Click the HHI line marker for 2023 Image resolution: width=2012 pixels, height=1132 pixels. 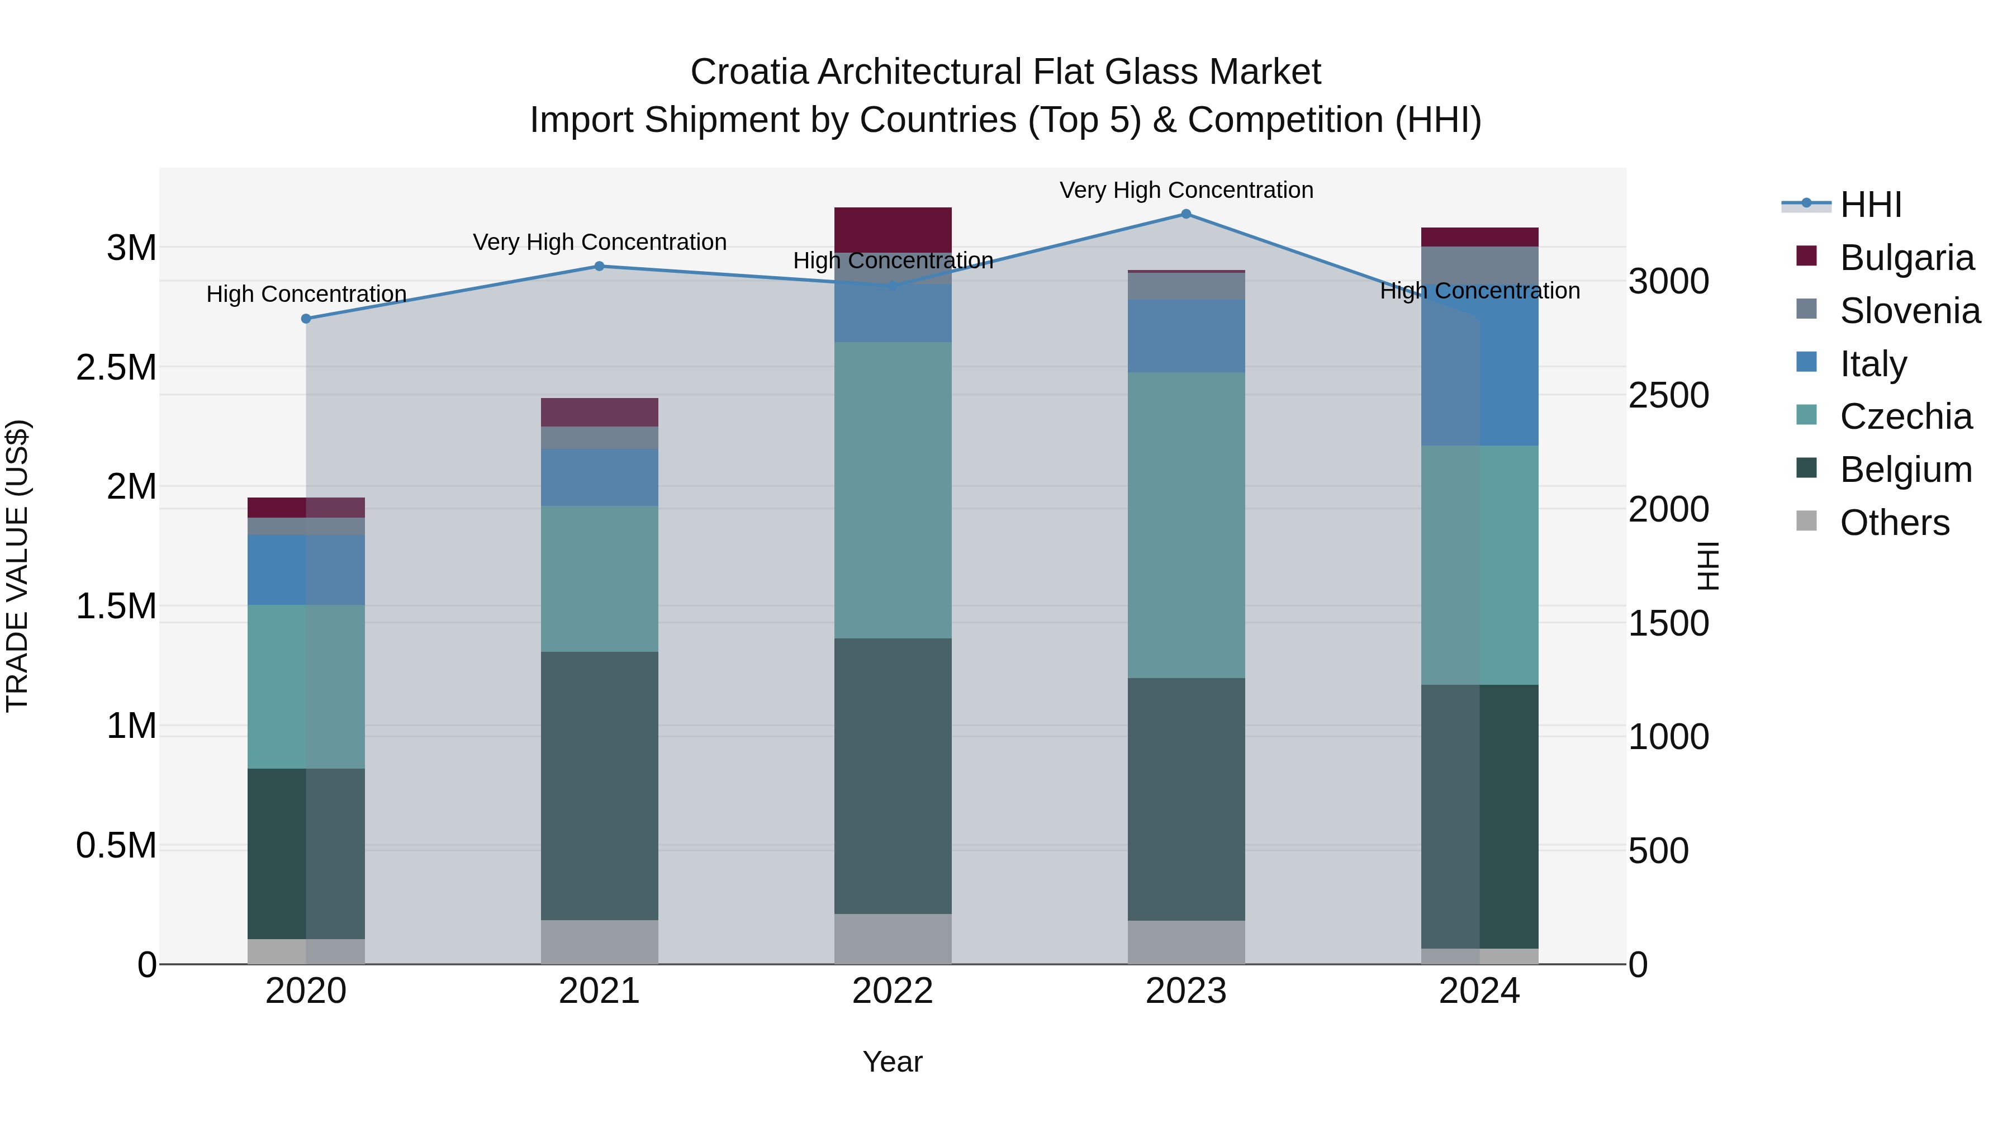click(1185, 214)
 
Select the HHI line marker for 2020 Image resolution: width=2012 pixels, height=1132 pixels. click(306, 319)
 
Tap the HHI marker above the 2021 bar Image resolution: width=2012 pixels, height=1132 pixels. click(599, 267)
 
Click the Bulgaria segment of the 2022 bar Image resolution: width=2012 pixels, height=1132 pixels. click(893, 230)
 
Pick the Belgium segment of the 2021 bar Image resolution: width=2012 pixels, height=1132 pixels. click(599, 785)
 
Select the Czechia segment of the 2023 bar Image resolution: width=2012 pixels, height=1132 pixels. click(1185, 525)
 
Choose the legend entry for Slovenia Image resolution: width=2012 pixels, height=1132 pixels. click(1910, 311)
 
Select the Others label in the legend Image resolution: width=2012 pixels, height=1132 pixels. click(1894, 523)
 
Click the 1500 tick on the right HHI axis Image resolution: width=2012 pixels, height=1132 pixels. click(1668, 623)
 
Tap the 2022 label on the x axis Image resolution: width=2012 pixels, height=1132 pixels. click(893, 991)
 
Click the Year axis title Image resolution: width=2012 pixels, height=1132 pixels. click(893, 1062)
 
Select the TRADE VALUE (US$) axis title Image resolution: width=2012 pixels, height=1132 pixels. click(17, 566)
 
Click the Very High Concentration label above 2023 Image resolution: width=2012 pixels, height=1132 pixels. click(1185, 190)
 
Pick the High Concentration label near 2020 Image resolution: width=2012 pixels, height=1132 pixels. click(306, 293)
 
